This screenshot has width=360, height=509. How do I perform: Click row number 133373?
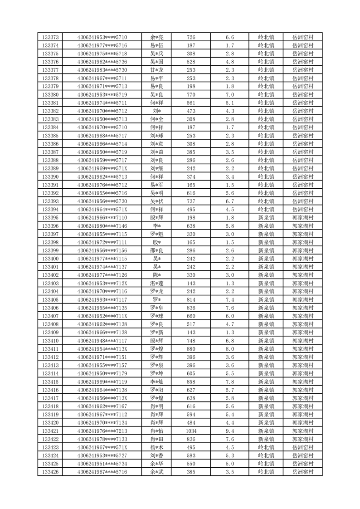pyautogui.click(x=50, y=37)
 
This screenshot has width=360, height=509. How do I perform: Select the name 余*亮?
pyautogui.click(x=157, y=37)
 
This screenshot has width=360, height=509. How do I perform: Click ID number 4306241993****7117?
pyautogui.click(x=102, y=300)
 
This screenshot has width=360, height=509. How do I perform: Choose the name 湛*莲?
pyautogui.click(x=157, y=284)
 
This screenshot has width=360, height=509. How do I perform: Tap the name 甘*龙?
pyautogui.click(x=157, y=70)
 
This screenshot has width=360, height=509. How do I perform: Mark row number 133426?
pyautogui.click(x=50, y=472)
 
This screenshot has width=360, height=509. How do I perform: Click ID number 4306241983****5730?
pyautogui.click(x=102, y=70)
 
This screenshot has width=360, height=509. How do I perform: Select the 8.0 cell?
pyautogui.click(x=230, y=349)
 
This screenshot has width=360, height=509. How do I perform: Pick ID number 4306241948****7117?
pyautogui.click(x=102, y=341)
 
